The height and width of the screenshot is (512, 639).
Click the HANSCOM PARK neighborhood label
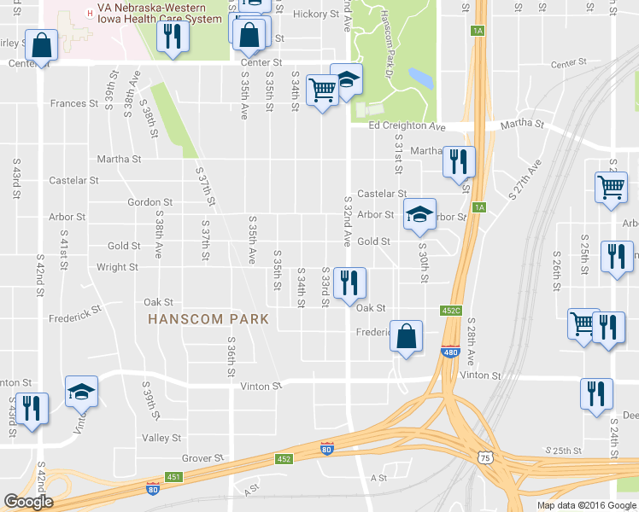click(208, 319)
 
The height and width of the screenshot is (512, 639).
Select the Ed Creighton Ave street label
click(407, 126)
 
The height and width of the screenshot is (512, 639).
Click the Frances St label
click(74, 103)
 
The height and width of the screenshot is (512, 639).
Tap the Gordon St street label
click(149, 202)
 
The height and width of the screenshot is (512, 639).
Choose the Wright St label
click(117, 267)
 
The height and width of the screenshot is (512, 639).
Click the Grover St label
click(202, 458)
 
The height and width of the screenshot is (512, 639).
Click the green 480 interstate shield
click(450, 352)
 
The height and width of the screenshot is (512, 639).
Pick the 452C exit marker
click(451, 311)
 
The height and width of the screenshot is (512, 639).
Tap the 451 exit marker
click(173, 476)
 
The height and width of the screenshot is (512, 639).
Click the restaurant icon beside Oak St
click(349, 282)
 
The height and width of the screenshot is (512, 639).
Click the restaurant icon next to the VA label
click(173, 37)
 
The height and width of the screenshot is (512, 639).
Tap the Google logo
click(27, 502)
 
